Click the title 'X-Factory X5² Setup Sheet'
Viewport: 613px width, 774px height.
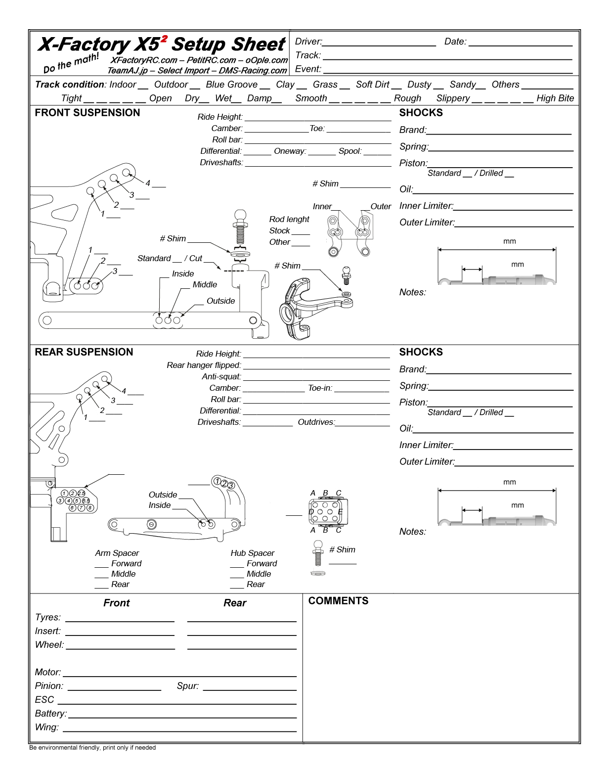coord(162,45)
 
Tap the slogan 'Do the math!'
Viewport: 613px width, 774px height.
coord(71,63)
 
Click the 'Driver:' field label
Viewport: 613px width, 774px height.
coord(308,42)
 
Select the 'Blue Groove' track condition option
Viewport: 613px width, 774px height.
coord(231,85)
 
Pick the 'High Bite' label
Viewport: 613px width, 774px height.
coord(555,98)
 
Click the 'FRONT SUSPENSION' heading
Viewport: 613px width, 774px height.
coord(88,113)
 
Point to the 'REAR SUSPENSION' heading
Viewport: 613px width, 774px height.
coord(84,352)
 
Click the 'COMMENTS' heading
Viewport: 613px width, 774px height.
coord(338,601)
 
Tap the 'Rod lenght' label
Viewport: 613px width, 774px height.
coord(289,219)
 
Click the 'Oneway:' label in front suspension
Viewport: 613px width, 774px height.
coord(290,151)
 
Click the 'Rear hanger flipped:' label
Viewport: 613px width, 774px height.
coord(204,365)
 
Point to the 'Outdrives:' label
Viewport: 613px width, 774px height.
coord(316,422)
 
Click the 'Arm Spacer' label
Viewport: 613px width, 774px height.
coord(117,553)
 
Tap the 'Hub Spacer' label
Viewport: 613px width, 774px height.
coord(253,553)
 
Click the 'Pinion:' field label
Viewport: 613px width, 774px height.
coord(49,686)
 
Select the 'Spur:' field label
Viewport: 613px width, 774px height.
coord(188,686)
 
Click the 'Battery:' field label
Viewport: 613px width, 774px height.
coord(50,714)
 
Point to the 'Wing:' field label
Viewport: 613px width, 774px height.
coord(47,727)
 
